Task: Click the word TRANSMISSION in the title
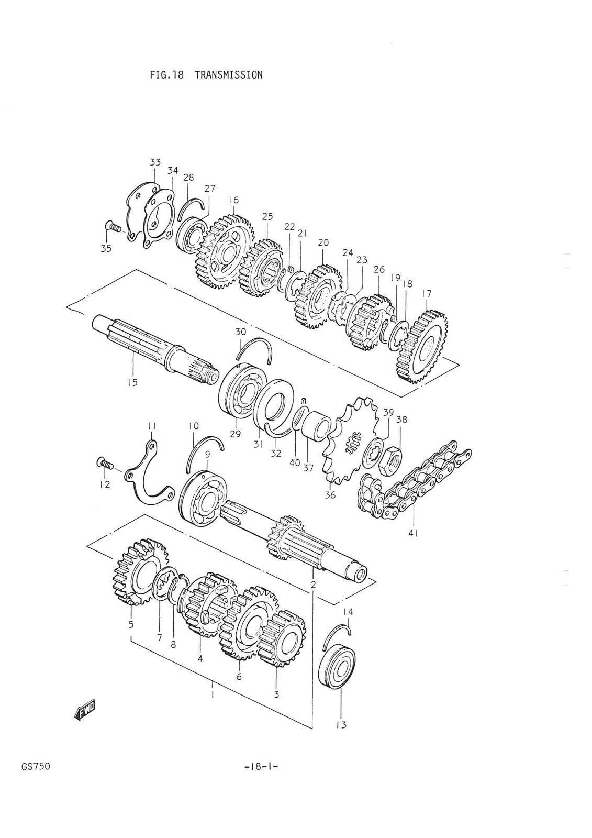click(228, 75)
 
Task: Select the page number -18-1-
click(260, 767)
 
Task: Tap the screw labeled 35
click(113, 227)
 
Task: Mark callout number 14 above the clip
click(348, 611)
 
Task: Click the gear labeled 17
click(422, 346)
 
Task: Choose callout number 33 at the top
click(155, 162)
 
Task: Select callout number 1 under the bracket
click(212, 695)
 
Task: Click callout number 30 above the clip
click(240, 332)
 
